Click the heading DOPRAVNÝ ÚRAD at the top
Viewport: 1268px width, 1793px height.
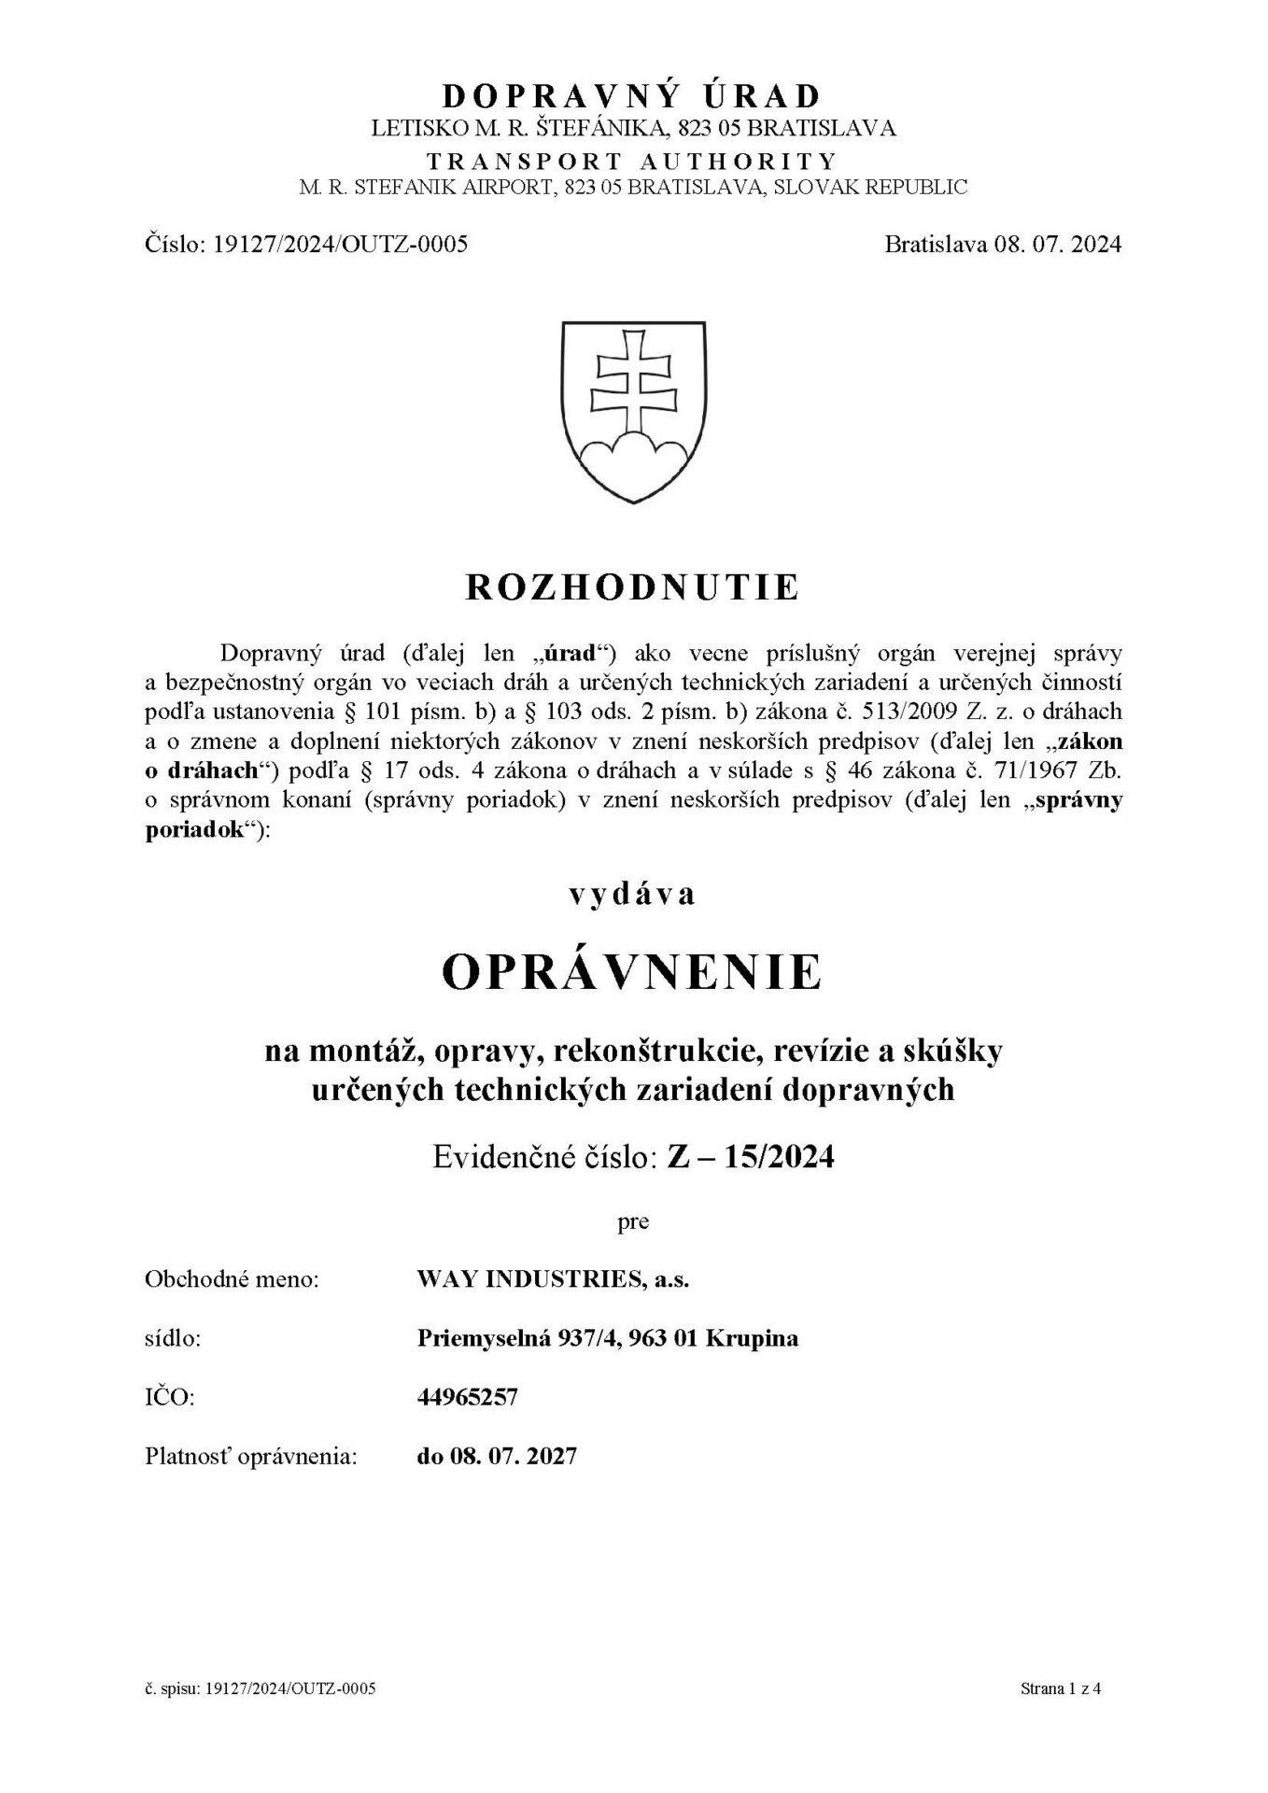point(632,95)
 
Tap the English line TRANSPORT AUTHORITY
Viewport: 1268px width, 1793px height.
point(632,160)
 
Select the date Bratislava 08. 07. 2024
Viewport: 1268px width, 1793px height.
point(1003,245)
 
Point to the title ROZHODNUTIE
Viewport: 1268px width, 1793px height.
point(632,587)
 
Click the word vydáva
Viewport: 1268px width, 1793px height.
point(633,894)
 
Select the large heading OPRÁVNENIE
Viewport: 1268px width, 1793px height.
point(632,972)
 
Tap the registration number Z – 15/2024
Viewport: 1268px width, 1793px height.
point(750,1157)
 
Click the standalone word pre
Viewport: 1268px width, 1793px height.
point(633,1221)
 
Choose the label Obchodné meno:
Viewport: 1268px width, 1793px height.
point(232,1279)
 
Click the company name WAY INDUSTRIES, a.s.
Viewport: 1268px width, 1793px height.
point(553,1279)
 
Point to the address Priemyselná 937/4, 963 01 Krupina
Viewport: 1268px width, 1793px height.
point(607,1338)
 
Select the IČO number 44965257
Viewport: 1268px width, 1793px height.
point(467,1397)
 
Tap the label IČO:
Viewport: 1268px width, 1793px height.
point(169,1397)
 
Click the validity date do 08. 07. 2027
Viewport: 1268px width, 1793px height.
point(497,1456)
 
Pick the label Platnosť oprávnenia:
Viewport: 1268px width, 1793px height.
point(251,1456)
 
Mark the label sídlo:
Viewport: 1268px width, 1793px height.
point(174,1338)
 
